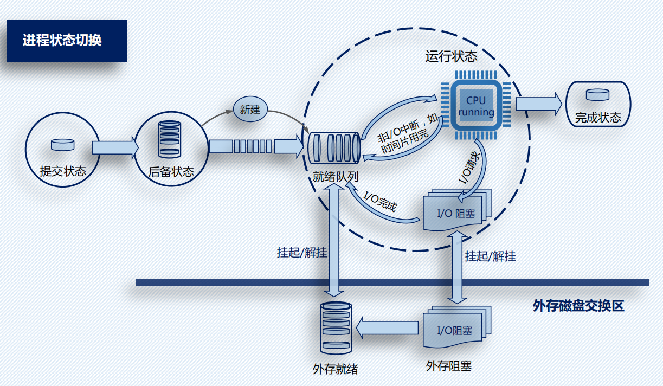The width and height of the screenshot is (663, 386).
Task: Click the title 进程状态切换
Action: [x=62, y=41]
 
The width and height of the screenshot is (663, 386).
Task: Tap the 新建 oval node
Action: [x=250, y=110]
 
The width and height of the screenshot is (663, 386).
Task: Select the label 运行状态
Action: [x=451, y=56]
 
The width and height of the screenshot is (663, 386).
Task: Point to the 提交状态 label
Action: [x=63, y=171]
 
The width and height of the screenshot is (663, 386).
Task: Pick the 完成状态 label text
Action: [x=598, y=118]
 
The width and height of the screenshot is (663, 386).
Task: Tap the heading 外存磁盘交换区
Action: [x=578, y=306]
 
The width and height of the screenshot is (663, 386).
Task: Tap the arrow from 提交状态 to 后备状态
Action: [x=115, y=147]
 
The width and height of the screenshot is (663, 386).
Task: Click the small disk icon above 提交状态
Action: [x=63, y=144]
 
